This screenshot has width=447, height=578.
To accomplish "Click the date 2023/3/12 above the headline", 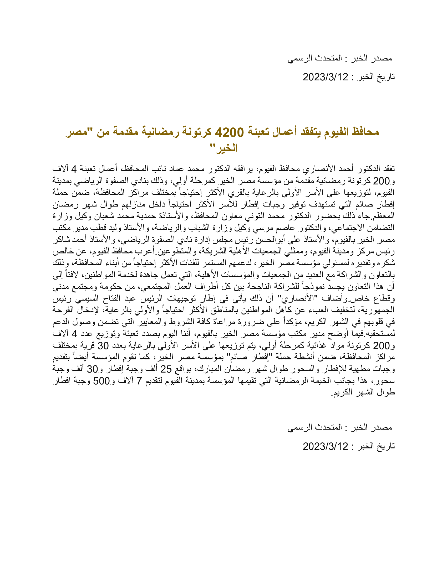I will [x=326, y=77].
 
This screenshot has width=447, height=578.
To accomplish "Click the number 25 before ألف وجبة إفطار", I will [x=166, y=369].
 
